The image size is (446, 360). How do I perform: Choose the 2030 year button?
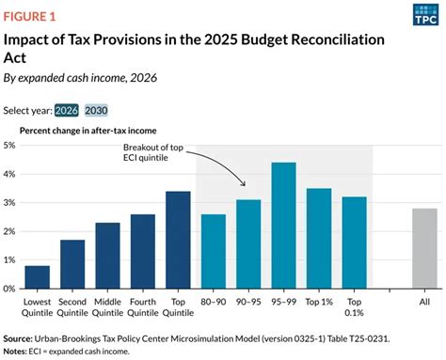(x=124, y=109)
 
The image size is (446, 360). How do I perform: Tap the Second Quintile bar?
(x=72, y=264)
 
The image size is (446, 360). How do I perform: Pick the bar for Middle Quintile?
(x=108, y=255)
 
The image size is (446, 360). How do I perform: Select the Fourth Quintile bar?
(x=143, y=251)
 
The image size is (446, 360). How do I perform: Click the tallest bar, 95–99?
(x=284, y=226)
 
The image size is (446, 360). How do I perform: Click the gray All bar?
(x=424, y=248)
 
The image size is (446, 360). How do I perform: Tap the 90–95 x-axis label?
(x=248, y=303)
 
